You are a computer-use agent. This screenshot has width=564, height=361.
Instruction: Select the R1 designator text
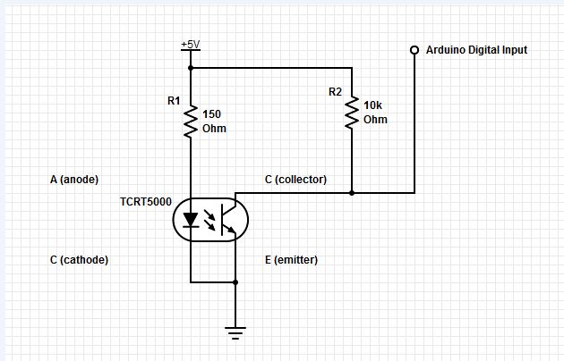click(174, 100)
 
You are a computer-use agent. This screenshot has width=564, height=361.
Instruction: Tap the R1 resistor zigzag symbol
click(191, 122)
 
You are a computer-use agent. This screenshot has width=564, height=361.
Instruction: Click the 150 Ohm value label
click(214, 121)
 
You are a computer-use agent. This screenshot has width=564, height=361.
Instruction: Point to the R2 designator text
click(335, 91)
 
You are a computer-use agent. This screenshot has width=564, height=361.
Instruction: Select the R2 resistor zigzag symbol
click(352, 111)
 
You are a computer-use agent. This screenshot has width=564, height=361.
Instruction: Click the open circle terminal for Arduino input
click(414, 50)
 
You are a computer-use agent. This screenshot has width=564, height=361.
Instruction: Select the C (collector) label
click(295, 180)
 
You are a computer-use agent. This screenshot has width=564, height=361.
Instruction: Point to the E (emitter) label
click(292, 260)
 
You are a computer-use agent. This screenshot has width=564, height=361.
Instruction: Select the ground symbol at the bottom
click(235, 333)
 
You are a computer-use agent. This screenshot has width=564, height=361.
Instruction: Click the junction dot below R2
click(352, 192)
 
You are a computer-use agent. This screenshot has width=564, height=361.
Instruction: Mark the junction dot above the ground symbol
click(235, 282)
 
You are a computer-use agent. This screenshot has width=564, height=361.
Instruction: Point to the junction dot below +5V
click(191, 67)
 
